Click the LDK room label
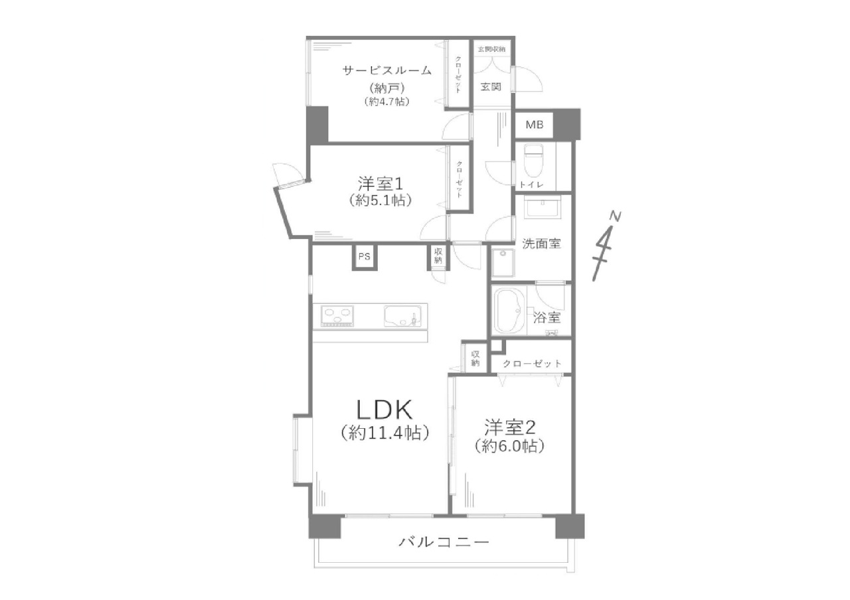(x=384, y=410)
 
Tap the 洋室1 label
(x=381, y=185)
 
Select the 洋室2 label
(x=509, y=428)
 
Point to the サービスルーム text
(x=387, y=70)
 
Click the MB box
(x=535, y=125)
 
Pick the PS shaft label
(x=365, y=257)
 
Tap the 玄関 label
(x=491, y=87)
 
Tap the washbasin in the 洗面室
(x=543, y=208)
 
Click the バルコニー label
(x=444, y=542)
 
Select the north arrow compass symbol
(x=606, y=246)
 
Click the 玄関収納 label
(x=491, y=49)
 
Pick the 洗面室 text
(x=541, y=244)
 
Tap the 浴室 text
(x=547, y=317)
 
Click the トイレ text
(x=532, y=185)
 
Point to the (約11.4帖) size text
(x=384, y=433)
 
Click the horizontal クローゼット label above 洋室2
(x=532, y=364)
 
